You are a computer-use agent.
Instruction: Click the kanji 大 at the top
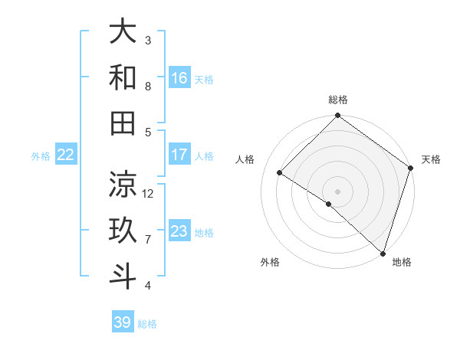pos(123,32)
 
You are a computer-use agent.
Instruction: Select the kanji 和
pos(123,77)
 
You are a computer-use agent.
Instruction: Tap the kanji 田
pos(123,123)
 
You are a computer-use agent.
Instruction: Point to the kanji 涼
pos(123,185)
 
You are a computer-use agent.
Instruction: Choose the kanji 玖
pos(123,231)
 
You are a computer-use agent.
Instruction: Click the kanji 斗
pos(123,276)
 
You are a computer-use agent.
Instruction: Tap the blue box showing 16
pos(179,78)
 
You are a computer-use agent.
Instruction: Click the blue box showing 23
pos(179,232)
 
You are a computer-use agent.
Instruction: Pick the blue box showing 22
pos(66,155)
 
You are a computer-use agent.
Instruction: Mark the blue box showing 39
pos(123,322)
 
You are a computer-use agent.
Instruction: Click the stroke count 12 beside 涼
pos(149,193)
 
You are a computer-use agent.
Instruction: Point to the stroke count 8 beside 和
pos(148,86)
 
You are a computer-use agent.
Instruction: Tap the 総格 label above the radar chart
pos(338,100)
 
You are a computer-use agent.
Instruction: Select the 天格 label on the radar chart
pos(431,159)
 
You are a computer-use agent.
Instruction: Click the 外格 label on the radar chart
pos(270,262)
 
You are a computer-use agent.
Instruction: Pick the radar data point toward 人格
pos(280,173)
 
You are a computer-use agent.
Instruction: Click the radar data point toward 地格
pos(383,252)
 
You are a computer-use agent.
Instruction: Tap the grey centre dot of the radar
pos(337,191)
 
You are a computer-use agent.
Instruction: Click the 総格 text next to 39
pos(148,324)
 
